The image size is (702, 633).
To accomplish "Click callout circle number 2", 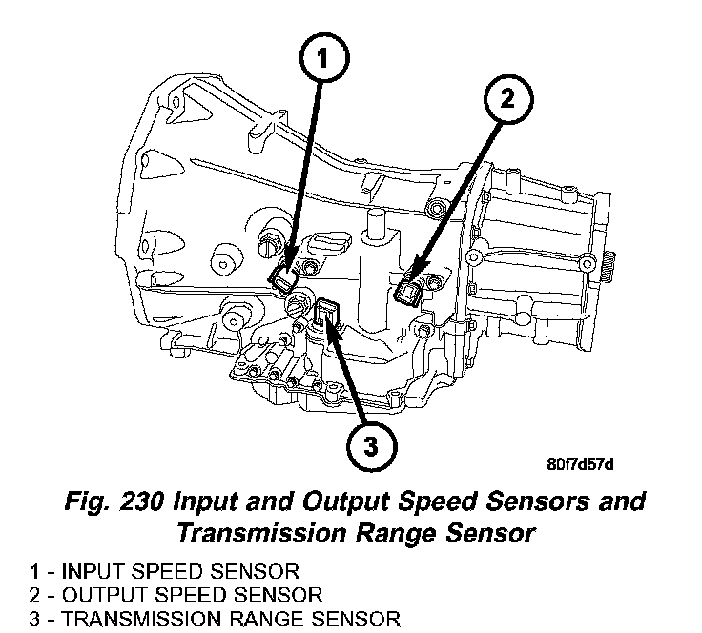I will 506,98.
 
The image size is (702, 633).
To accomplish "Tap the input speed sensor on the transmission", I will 283,278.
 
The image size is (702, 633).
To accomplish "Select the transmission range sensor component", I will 327,314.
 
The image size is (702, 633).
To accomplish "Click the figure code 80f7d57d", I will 580,464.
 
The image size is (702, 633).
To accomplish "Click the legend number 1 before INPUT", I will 35,573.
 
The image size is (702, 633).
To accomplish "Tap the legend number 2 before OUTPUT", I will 35,596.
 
